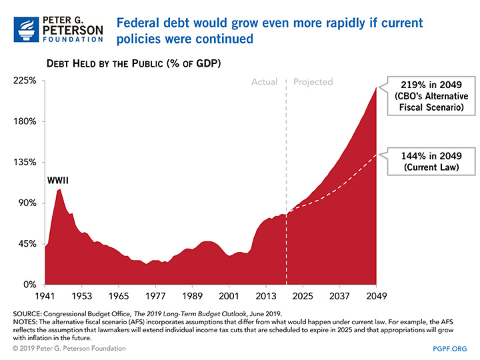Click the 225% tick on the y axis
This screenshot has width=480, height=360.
click(x=26, y=81)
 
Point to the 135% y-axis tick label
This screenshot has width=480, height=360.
click(x=26, y=163)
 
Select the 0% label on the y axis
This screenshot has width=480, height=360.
click(x=31, y=285)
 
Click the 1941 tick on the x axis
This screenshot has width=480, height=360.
click(x=45, y=295)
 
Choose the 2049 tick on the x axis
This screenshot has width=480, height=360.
click(x=376, y=295)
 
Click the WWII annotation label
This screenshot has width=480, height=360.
click(x=58, y=181)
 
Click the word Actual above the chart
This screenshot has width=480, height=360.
click(x=265, y=82)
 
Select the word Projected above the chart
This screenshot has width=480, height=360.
click(x=313, y=82)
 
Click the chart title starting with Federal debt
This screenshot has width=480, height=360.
click(x=269, y=31)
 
